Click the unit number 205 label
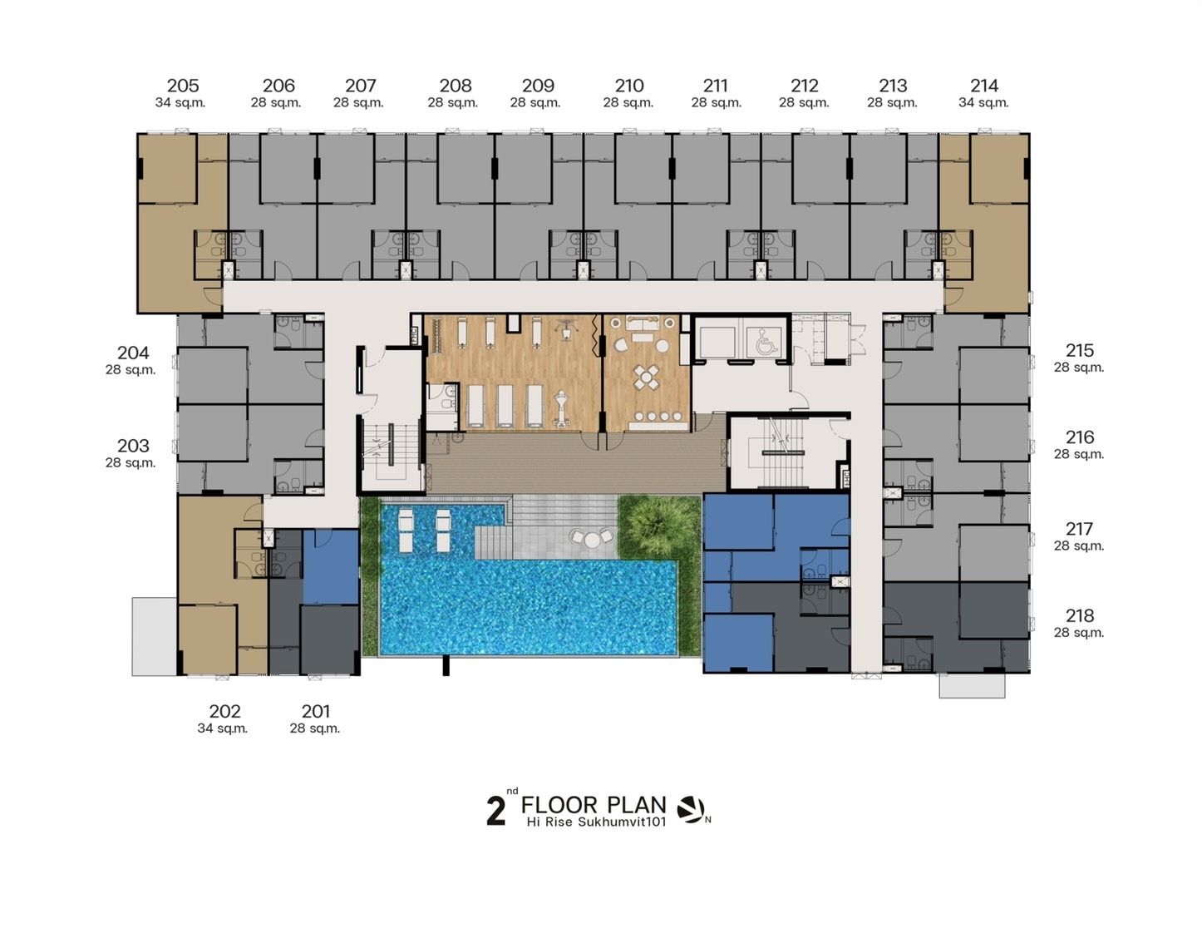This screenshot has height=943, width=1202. point(183,86)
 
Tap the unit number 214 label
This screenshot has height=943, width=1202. point(984,86)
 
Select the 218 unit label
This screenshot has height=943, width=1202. point(1080,615)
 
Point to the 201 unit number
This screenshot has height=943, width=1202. point(315,711)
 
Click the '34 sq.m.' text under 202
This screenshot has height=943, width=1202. point(223,728)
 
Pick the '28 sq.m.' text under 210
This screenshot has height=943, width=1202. point(628,103)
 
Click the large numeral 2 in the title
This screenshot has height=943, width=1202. point(495,812)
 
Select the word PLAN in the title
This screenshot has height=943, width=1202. point(635,804)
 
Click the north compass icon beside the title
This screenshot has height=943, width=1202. point(691,810)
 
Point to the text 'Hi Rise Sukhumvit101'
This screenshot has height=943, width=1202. point(596,822)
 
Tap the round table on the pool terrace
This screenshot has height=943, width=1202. point(593,539)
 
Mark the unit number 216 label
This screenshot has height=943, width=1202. point(1080,437)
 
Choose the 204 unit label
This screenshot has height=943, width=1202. point(133,353)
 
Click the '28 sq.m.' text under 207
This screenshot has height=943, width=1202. point(358,103)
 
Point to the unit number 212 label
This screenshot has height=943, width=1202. point(805,86)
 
